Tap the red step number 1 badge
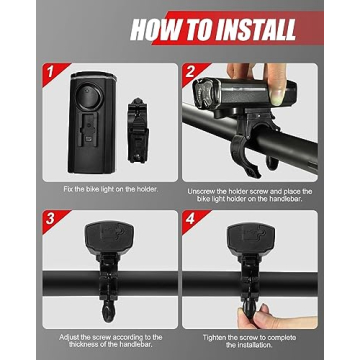47,73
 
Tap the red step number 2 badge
189,73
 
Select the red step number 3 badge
47,217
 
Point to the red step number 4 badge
189,217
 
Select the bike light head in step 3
105,240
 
